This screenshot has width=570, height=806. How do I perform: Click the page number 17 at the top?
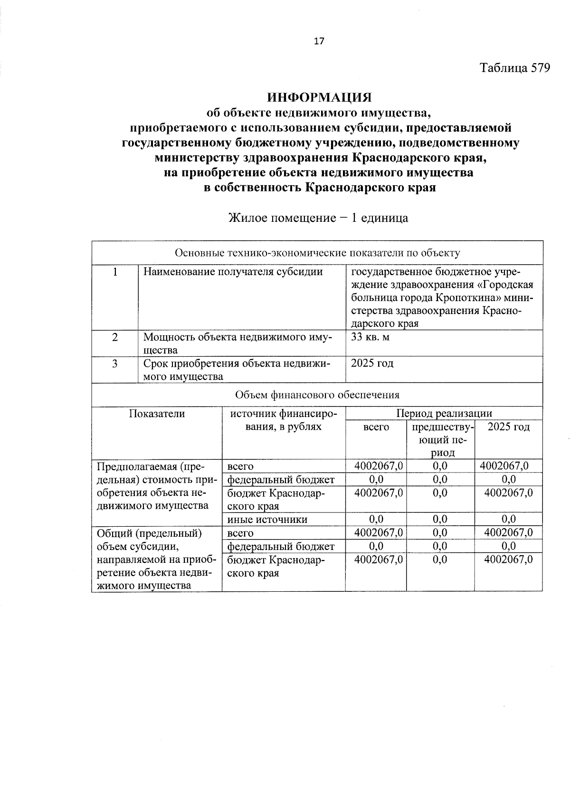point(319,41)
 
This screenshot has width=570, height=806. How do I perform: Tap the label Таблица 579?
point(515,68)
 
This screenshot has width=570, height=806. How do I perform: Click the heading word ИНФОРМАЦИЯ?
point(319,98)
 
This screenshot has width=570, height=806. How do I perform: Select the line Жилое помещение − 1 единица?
point(318,218)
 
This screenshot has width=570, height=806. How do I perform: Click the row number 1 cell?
point(114,272)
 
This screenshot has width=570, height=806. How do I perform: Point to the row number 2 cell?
point(114,337)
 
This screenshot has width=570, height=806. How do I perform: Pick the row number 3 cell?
point(114,364)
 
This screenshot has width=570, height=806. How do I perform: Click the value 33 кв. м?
point(370,337)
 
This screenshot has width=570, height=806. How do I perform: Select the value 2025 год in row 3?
point(372,364)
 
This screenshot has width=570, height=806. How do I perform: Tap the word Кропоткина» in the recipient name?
point(482,298)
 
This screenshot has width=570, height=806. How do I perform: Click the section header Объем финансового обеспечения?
point(317,395)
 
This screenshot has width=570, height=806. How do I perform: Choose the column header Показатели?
point(157,414)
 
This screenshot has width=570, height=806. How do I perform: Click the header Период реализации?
point(444,413)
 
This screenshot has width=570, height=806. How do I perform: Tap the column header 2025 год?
point(508,427)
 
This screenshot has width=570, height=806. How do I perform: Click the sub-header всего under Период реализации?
point(376,427)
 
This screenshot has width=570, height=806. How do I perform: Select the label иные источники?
point(267,519)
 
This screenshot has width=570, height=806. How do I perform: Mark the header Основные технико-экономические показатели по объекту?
point(317,253)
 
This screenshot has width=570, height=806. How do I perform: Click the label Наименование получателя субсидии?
point(233,272)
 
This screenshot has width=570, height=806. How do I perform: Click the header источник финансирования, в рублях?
point(284,420)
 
